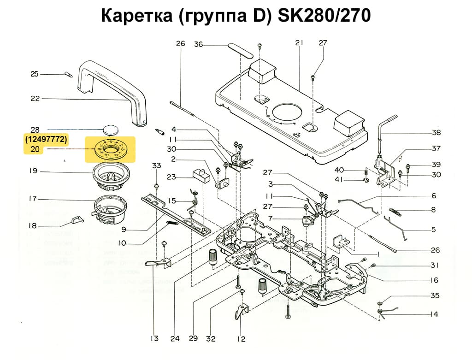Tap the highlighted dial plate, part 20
coord(110,150)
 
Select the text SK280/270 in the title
coord(323,16)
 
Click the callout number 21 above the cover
coord(300,43)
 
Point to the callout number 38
coord(436,133)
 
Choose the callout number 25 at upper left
coord(35,74)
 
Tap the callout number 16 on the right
coord(434,280)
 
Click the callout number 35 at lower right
coord(434,295)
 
